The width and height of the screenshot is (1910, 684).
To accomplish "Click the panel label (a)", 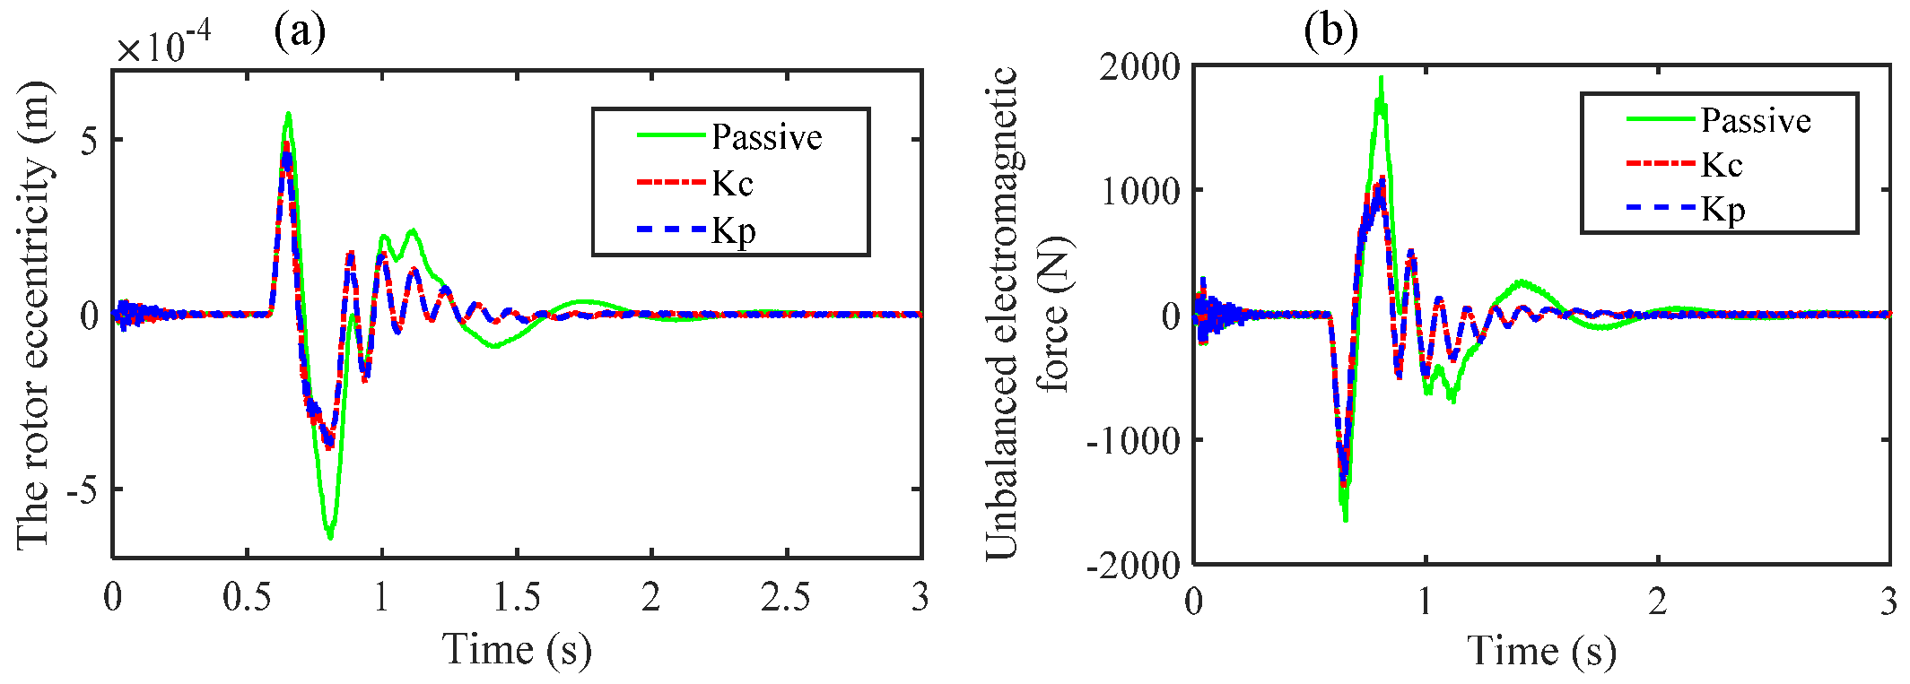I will click(x=300, y=33).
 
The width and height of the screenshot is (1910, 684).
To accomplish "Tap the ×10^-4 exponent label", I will click(x=163, y=45).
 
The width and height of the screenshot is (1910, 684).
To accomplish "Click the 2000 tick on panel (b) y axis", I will click(x=1139, y=67).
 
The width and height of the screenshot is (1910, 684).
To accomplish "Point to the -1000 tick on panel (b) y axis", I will click(x=1133, y=440).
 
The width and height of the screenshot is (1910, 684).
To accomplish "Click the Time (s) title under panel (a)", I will click(x=518, y=649).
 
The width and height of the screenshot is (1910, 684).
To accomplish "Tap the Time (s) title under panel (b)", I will click(x=1541, y=651).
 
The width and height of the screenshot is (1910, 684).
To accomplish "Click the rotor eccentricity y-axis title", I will click(x=34, y=314).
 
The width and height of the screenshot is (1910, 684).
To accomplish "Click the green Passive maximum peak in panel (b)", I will click(x=1381, y=79).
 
